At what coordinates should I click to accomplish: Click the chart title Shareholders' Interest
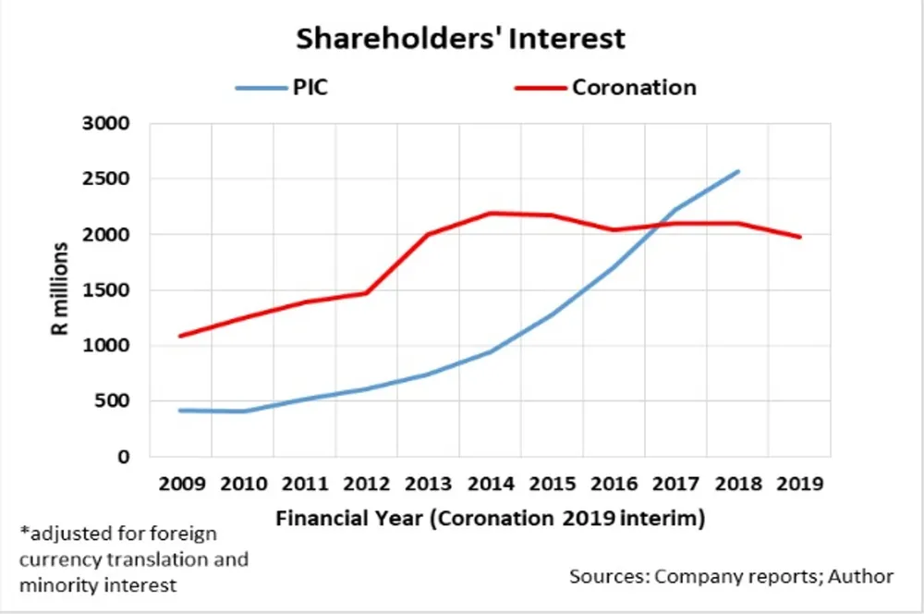[x=460, y=39]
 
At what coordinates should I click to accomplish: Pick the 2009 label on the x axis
[x=181, y=484]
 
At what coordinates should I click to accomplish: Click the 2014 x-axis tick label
[x=490, y=484]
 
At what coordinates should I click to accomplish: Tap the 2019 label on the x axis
[x=798, y=484]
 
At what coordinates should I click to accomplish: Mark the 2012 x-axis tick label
[x=366, y=484]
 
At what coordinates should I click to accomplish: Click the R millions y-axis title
[x=61, y=290]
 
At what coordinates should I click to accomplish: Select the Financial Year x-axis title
[x=490, y=519]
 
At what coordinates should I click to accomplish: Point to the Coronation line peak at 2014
[x=490, y=214]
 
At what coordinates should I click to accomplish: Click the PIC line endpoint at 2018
[x=737, y=172]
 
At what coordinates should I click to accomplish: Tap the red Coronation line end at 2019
[x=799, y=237]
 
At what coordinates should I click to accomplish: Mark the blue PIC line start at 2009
[x=181, y=410]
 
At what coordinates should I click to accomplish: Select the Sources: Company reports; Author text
[x=731, y=576]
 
